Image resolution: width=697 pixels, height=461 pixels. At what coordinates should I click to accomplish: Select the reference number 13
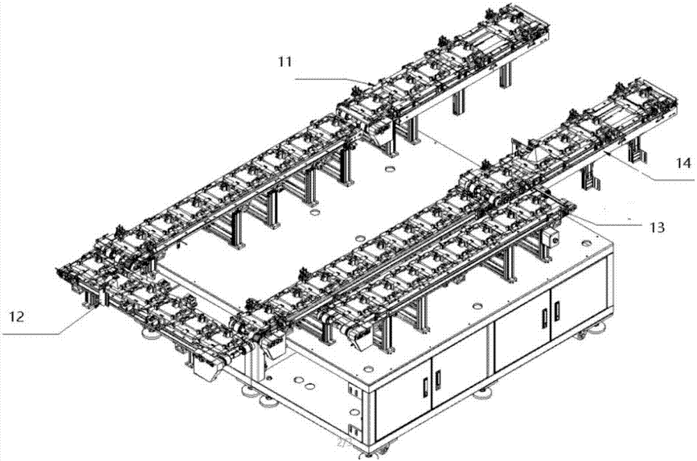point(656,227)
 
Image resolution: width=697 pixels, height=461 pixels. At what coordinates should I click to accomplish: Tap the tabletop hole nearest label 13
point(579,244)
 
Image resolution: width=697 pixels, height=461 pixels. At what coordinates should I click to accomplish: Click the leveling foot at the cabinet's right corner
point(599,324)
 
